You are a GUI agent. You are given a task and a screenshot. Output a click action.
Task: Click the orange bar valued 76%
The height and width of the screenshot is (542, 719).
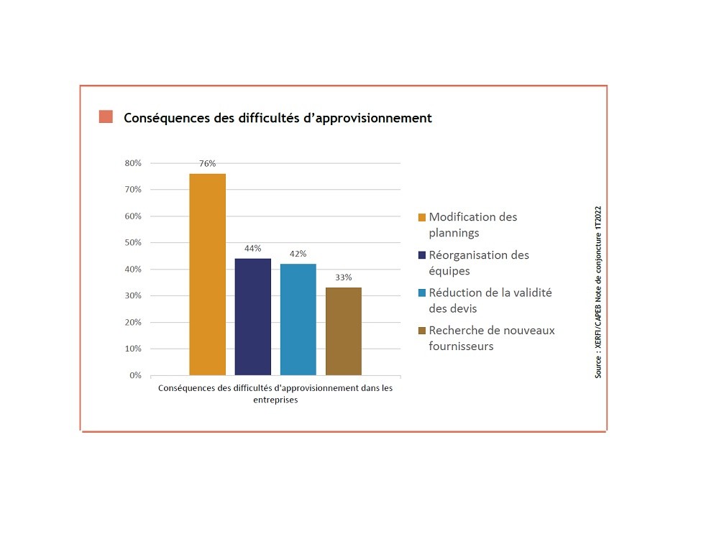coord(207,275)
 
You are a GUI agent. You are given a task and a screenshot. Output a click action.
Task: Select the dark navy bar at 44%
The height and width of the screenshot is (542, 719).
coord(252,317)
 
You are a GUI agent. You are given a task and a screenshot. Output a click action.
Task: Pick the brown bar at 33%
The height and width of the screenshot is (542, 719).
coord(343,331)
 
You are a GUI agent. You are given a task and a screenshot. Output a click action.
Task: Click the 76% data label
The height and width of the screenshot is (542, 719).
coord(207,164)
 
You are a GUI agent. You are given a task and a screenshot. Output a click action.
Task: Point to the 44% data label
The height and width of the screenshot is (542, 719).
coord(252,249)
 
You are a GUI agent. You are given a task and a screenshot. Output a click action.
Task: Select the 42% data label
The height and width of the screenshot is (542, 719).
coord(298,254)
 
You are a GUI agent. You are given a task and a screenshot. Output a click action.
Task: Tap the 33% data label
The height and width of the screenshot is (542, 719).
coord(343,277)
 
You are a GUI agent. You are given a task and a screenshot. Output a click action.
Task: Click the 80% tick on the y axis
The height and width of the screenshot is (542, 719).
coord(133,163)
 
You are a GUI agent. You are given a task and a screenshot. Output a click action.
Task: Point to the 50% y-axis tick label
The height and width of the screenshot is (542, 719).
coord(133,243)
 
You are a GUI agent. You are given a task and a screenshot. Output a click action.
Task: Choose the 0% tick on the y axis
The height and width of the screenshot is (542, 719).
coord(135,375)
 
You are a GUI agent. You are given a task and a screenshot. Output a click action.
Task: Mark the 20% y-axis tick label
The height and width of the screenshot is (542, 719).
coord(133,323)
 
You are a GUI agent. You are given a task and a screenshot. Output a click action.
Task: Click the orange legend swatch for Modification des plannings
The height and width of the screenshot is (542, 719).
coord(422,217)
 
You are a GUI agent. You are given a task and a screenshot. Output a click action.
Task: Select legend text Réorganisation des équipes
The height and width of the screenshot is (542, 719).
coord(478,263)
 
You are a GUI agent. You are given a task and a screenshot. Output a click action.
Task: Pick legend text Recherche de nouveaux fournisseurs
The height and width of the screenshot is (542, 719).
coord(491,339)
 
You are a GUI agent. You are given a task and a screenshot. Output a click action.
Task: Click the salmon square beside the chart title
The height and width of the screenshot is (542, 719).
coord(106,117)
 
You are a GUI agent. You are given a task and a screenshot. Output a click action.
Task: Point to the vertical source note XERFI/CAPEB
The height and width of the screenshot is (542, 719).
coord(597,293)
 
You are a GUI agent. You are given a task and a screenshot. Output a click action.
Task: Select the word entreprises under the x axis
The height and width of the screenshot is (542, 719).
coord(275,401)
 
